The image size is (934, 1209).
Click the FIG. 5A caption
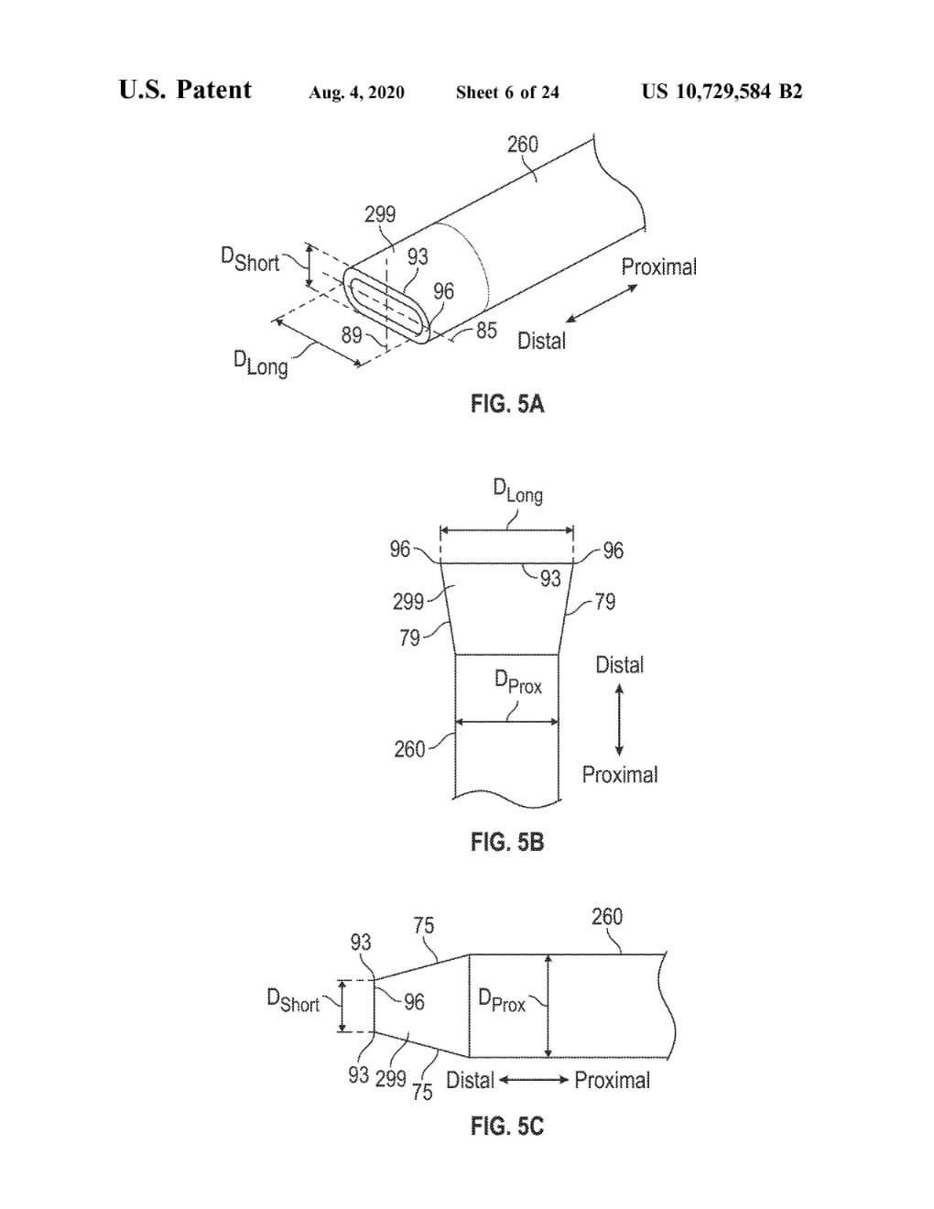(506, 403)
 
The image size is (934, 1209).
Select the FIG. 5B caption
(506, 842)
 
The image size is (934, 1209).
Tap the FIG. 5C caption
(506, 1126)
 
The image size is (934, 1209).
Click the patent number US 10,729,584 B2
(722, 92)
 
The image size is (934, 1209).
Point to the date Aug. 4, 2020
(356, 93)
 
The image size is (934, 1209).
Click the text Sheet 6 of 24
(507, 93)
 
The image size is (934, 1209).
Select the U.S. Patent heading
(185, 90)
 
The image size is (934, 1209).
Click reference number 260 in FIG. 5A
(522, 145)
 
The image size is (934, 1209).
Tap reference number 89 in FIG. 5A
(352, 335)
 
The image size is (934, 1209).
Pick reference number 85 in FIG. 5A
(486, 330)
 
